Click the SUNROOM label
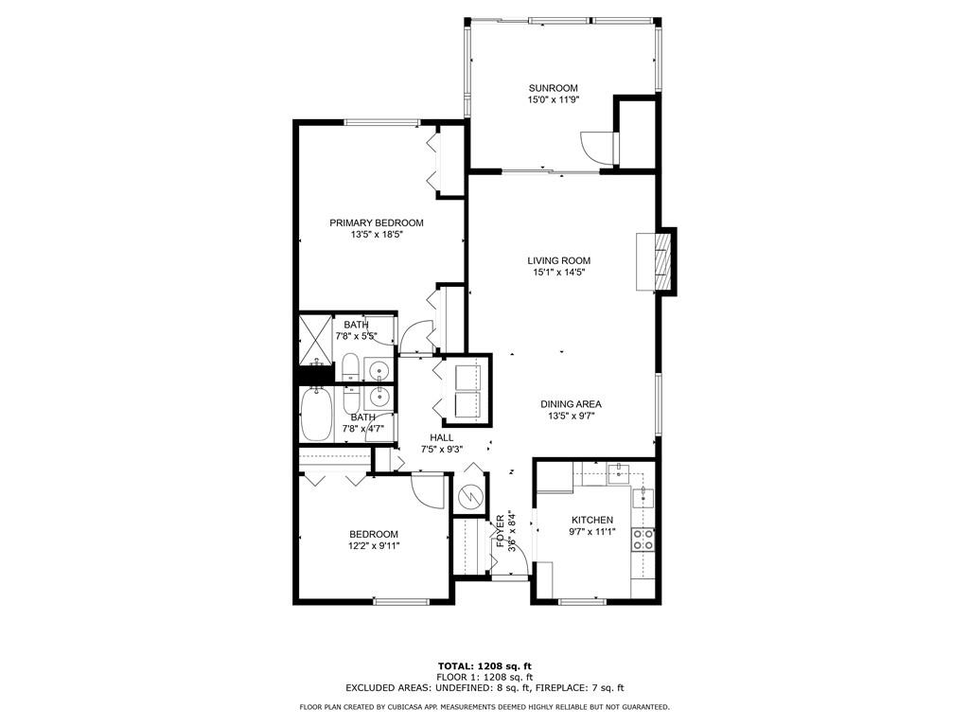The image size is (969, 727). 553,88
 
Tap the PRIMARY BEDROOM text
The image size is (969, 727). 376,222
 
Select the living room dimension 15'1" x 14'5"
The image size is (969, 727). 558,273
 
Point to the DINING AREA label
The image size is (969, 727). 571,403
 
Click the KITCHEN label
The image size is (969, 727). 592,520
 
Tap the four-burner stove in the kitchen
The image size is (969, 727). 643,540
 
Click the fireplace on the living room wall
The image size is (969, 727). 666,260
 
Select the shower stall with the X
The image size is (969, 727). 314,332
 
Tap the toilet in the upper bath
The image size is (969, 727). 348,368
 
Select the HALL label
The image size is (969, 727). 441,437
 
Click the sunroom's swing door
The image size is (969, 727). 598,147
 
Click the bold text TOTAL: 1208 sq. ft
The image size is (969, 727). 484,665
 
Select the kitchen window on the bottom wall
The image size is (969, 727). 581,601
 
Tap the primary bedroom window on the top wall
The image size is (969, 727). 381,121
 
